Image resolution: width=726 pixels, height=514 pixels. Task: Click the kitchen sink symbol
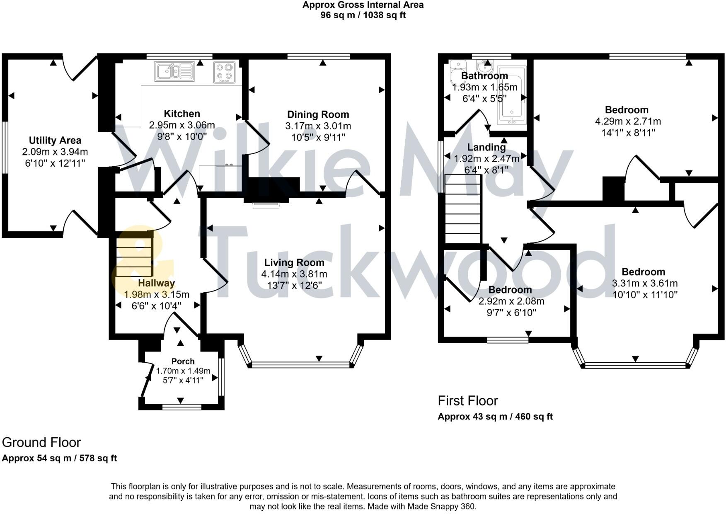(174, 71)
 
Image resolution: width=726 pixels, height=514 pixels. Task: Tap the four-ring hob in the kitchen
(225, 72)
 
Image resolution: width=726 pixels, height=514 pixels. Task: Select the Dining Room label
(318, 114)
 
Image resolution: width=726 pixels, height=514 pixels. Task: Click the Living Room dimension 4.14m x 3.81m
(294, 274)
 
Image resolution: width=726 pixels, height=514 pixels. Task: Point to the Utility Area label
(55, 141)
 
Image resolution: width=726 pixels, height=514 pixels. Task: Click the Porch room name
(183, 361)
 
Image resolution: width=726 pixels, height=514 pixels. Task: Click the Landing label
(486, 147)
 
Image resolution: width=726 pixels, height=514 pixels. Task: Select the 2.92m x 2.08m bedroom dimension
(511, 301)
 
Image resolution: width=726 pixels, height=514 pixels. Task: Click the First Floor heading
(467, 401)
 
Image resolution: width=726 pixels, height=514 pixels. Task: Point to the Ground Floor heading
(41, 442)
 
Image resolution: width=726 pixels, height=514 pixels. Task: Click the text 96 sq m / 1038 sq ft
(363, 15)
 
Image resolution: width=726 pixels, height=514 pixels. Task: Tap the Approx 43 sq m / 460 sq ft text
(495, 417)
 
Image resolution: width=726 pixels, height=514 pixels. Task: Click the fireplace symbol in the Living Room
(266, 204)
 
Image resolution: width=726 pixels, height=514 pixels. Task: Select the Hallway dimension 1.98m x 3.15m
(156, 294)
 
